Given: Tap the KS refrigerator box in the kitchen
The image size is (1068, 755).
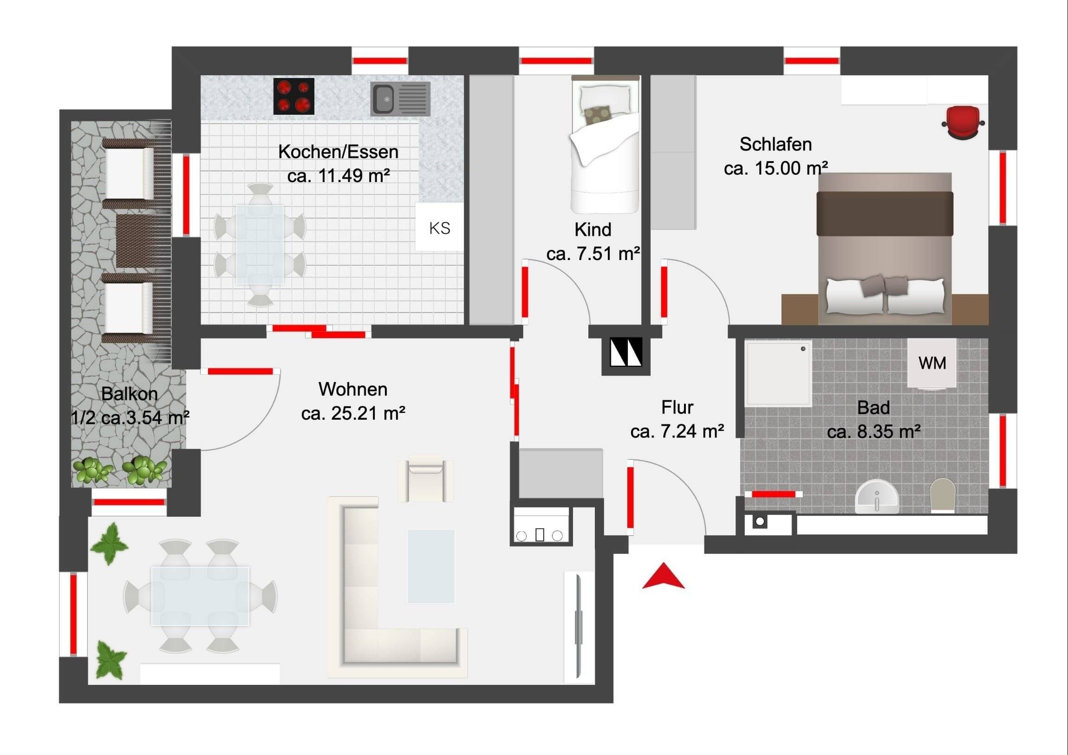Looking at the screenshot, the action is [440, 227].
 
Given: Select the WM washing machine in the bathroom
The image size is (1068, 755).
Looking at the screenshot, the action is [931, 363].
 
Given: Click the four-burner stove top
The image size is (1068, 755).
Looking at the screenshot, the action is [293, 96].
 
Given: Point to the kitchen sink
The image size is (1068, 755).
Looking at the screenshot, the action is [400, 99].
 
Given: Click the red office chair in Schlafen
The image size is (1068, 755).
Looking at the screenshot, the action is [963, 122].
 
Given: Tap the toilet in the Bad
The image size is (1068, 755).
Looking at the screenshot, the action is [942, 496].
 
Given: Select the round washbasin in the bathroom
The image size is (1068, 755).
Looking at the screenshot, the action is [877, 497].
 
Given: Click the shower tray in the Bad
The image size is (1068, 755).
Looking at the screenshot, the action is [779, 373].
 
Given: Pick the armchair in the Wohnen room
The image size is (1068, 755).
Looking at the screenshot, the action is [426, 479].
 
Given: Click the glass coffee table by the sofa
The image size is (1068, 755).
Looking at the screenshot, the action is [431, 566].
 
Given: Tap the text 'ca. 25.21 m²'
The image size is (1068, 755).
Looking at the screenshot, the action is [353, 413].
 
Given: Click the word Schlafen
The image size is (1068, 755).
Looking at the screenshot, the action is [775, 144].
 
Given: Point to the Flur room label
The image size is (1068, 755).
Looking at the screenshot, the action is [677, 408].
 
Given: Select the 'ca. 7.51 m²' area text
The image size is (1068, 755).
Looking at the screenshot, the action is [593, 254].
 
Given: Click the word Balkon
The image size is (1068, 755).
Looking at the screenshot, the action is [129, 394].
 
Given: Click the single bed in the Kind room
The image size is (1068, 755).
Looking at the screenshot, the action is [605, 144].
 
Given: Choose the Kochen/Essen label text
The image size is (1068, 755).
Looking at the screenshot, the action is [338, 152].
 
